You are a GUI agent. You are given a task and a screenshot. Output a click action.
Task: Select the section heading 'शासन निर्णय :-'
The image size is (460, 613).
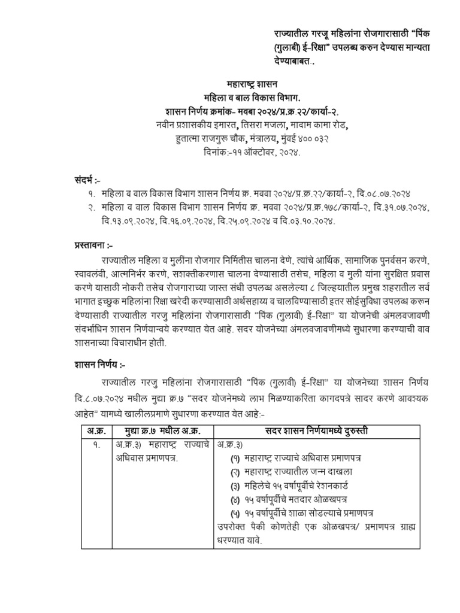96,365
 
